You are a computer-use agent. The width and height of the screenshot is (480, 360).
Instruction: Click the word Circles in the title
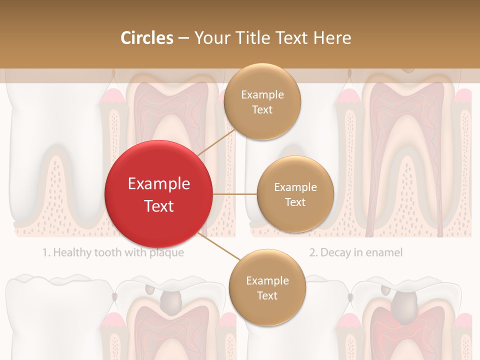point(146,37)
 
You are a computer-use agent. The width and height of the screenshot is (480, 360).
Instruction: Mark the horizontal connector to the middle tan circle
point(235,194)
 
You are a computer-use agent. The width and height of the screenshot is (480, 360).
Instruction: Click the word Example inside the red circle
point(158,184)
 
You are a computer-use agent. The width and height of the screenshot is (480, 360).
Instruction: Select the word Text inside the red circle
point(158,206)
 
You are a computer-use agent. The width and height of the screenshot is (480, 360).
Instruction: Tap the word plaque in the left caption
point(166,252)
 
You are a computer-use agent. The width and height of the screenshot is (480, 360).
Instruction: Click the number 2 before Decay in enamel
point(312,252)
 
